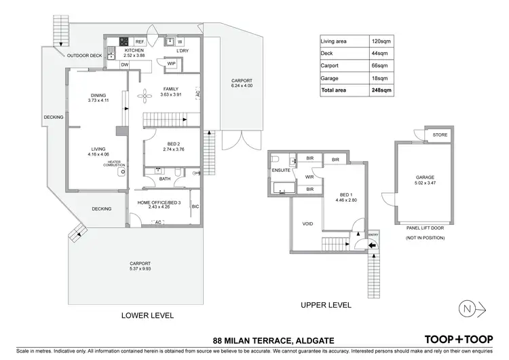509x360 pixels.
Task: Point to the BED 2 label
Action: click(171, 143)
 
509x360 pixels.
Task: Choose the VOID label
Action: click(306, 223)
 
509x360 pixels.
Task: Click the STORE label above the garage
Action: click(440, 135)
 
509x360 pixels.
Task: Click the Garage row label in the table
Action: click(331, 79)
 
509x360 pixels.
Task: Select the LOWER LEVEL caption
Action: click(147, 315)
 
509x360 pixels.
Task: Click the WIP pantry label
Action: click(171, 64)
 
